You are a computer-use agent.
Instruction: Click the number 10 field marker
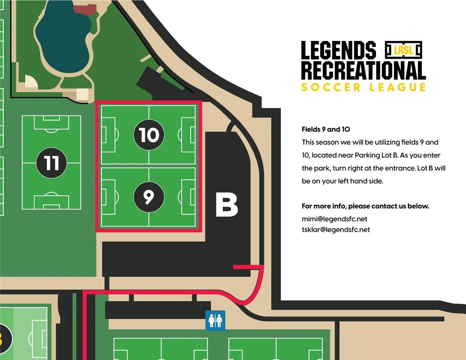(x=149, y=135)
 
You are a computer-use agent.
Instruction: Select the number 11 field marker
(x=52, y=163)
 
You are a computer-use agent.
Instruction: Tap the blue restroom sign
(x=215, y=320)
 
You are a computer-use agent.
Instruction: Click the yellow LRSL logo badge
(x=404, y=49)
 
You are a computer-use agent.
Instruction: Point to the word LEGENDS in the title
(x=338, y=50)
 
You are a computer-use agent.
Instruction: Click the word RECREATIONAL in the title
(x=363, y=70)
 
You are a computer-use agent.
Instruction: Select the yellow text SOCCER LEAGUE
(x=363, y=87)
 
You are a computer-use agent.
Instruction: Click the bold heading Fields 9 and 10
(x=326, y=129)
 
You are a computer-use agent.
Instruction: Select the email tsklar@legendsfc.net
(x=336, y=229)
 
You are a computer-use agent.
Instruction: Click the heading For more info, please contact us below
(x=365, y=206)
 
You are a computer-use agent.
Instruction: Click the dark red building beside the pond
(x=84, y=10)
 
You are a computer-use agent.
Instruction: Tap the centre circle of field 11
(x=52, y=163)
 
